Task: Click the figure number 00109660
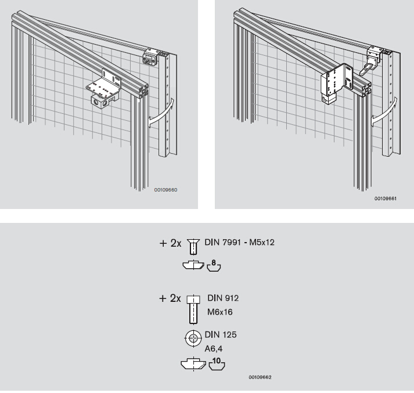[x=165, y=190]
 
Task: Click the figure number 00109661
[x=385, y=198]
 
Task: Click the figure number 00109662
[x=260, y=377]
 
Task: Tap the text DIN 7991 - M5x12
[x=239, y=242]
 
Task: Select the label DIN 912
[x=223, y=298]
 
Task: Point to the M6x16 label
[x=219, y=312]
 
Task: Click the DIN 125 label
[x=221, y=335]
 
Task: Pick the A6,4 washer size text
[x=213, y=349]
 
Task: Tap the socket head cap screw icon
[x=193, y=309]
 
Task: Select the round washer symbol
[x=193, y=338]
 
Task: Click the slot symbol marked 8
[x=214, y=266]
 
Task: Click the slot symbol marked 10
[x=217, y=364]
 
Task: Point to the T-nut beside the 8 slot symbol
[x=193, y=265]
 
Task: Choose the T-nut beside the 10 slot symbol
[x=193, y=363]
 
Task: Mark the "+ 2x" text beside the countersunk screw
[x=170, y=243]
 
